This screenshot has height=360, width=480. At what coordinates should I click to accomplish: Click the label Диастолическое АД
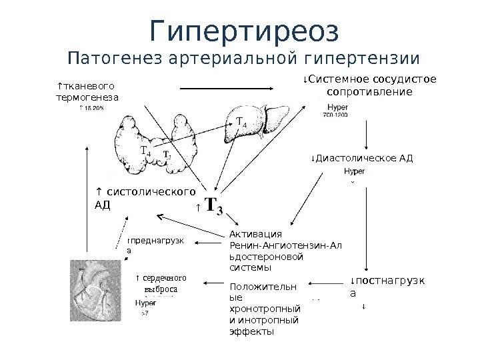(x=362, y=159)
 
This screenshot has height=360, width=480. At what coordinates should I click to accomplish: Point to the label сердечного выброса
(x=160, y=284)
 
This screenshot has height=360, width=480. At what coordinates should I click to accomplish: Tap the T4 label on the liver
(x=241, y=124)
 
